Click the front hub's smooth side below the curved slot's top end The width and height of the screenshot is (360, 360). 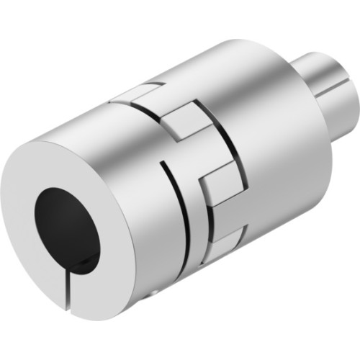pos(144,216)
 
